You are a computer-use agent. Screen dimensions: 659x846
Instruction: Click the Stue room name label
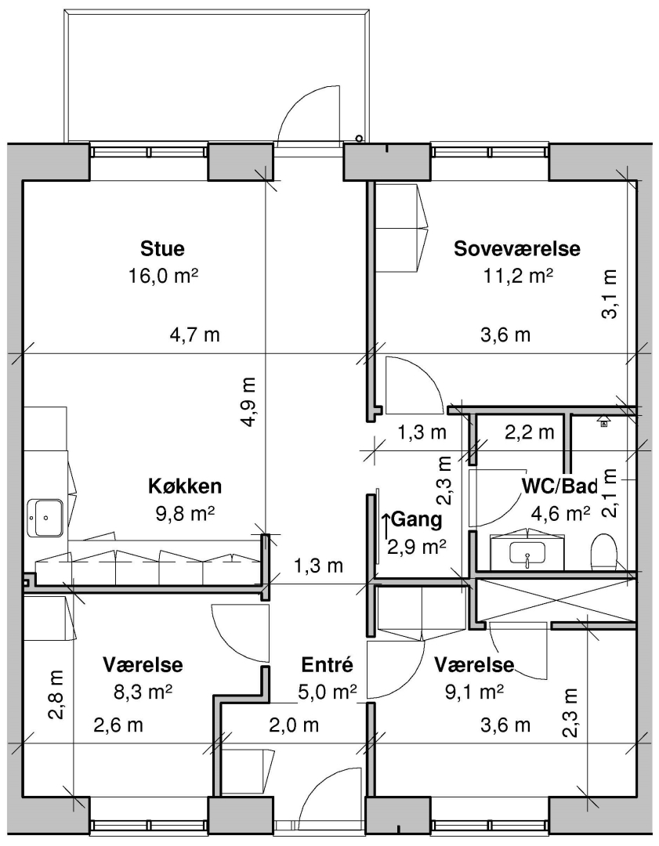162,249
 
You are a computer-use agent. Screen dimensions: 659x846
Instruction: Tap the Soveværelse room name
517,249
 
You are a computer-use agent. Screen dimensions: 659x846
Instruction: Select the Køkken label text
185,486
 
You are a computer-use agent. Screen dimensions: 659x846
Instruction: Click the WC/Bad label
559,486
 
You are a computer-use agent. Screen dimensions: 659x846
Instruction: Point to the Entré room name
327,665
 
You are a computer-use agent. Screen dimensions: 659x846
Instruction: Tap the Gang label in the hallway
416,519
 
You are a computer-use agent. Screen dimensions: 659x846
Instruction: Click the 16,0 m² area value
163,277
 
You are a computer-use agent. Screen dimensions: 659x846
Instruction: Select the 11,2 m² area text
518,277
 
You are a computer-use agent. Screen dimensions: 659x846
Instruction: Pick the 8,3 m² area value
143,692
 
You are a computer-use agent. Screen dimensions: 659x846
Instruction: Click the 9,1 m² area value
474,692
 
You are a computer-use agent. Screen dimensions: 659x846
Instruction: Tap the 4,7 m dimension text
195,335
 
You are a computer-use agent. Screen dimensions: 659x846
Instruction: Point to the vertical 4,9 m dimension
249,402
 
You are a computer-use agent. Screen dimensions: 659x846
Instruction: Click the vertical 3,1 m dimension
610,294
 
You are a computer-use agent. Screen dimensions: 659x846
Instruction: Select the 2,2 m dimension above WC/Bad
530,432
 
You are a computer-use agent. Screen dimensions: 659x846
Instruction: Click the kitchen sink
45,518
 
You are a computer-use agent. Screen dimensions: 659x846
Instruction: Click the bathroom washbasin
527,554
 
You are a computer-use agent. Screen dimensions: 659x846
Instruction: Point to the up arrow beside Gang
386,526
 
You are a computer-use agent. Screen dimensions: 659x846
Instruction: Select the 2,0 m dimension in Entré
294,725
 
